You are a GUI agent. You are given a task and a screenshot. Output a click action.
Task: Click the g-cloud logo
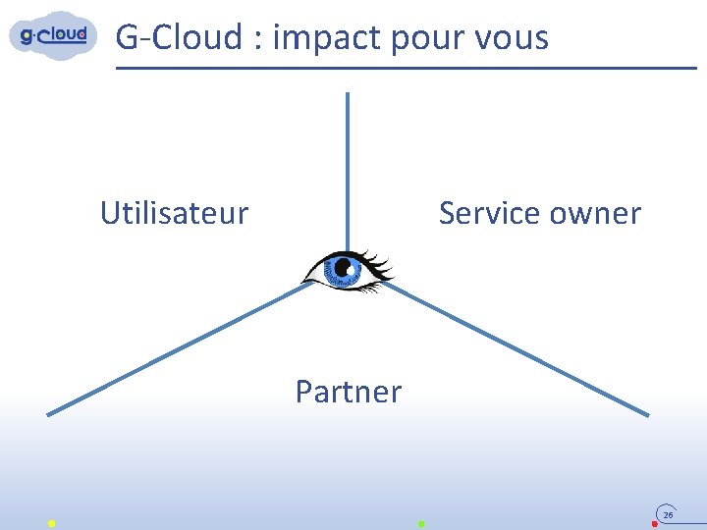[x=54, y=35]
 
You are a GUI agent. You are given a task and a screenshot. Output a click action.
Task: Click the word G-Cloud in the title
[x=179, y=37]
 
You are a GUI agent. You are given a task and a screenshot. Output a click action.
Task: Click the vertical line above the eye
[x=347, y=167]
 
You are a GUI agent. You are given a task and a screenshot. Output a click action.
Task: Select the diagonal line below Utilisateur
[x=177, y=349]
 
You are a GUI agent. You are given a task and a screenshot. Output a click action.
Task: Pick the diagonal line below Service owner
[x=520, y=349]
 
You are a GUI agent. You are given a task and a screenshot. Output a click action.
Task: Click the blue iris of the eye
[x=345, y=267]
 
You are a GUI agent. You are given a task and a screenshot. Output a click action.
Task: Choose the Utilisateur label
[x=174, y=213]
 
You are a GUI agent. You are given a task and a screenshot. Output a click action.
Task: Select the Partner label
[x=349, y=392]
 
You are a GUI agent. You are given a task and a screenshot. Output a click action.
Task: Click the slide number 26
[x=668, y=514]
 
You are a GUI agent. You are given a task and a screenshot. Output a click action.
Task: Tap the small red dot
[x=654, y=524]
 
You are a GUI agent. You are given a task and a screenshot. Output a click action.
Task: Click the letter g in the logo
[x=27, y=37]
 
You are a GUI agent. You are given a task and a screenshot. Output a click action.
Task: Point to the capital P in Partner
[x=304, y=392]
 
